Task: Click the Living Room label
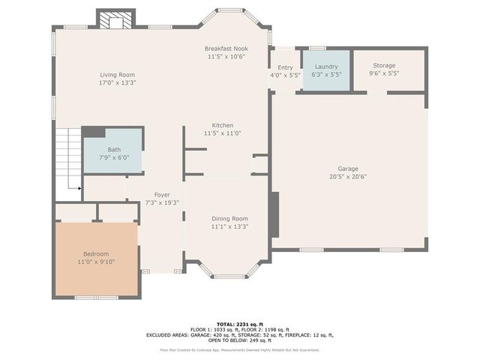[x=117, y=75]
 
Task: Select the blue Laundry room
[x=326, y=70]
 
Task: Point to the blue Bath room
[x=113, y=153]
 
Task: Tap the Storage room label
[x=384, y=66]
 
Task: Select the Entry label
[x=285, y=68]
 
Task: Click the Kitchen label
[x=222, y=125]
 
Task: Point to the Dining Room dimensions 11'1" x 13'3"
[x=229, y=226]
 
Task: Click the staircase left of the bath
[x=67, y=159]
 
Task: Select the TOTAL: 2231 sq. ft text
[x=240, y=324]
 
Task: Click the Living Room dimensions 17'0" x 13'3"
[x=117, y=82]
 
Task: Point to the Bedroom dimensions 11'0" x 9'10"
[x=95, y=262]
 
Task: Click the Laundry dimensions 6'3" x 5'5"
[x=326, y=74]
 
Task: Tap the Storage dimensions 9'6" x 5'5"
[x=384, y=73]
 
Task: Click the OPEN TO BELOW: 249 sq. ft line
[x=240, y=340]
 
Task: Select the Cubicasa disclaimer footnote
[x=240, y=349]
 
